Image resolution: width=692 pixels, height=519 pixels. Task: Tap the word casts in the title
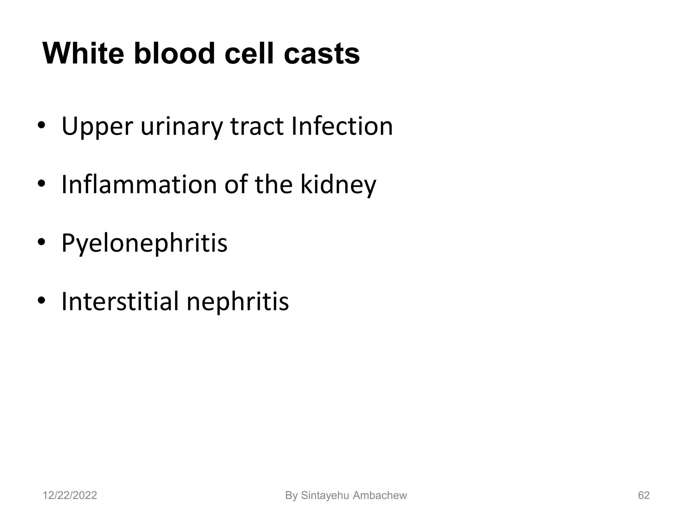pos(322,54)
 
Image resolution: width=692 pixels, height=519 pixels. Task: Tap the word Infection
pos(342,126)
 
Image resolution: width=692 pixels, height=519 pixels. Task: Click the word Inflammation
pos(139,184)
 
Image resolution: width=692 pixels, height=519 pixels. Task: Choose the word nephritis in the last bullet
pos(238,302)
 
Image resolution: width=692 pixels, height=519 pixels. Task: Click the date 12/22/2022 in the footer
pos(70,495)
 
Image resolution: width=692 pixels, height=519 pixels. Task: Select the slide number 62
pos(644,495)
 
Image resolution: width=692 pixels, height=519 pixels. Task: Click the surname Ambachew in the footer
pos(380,495)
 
